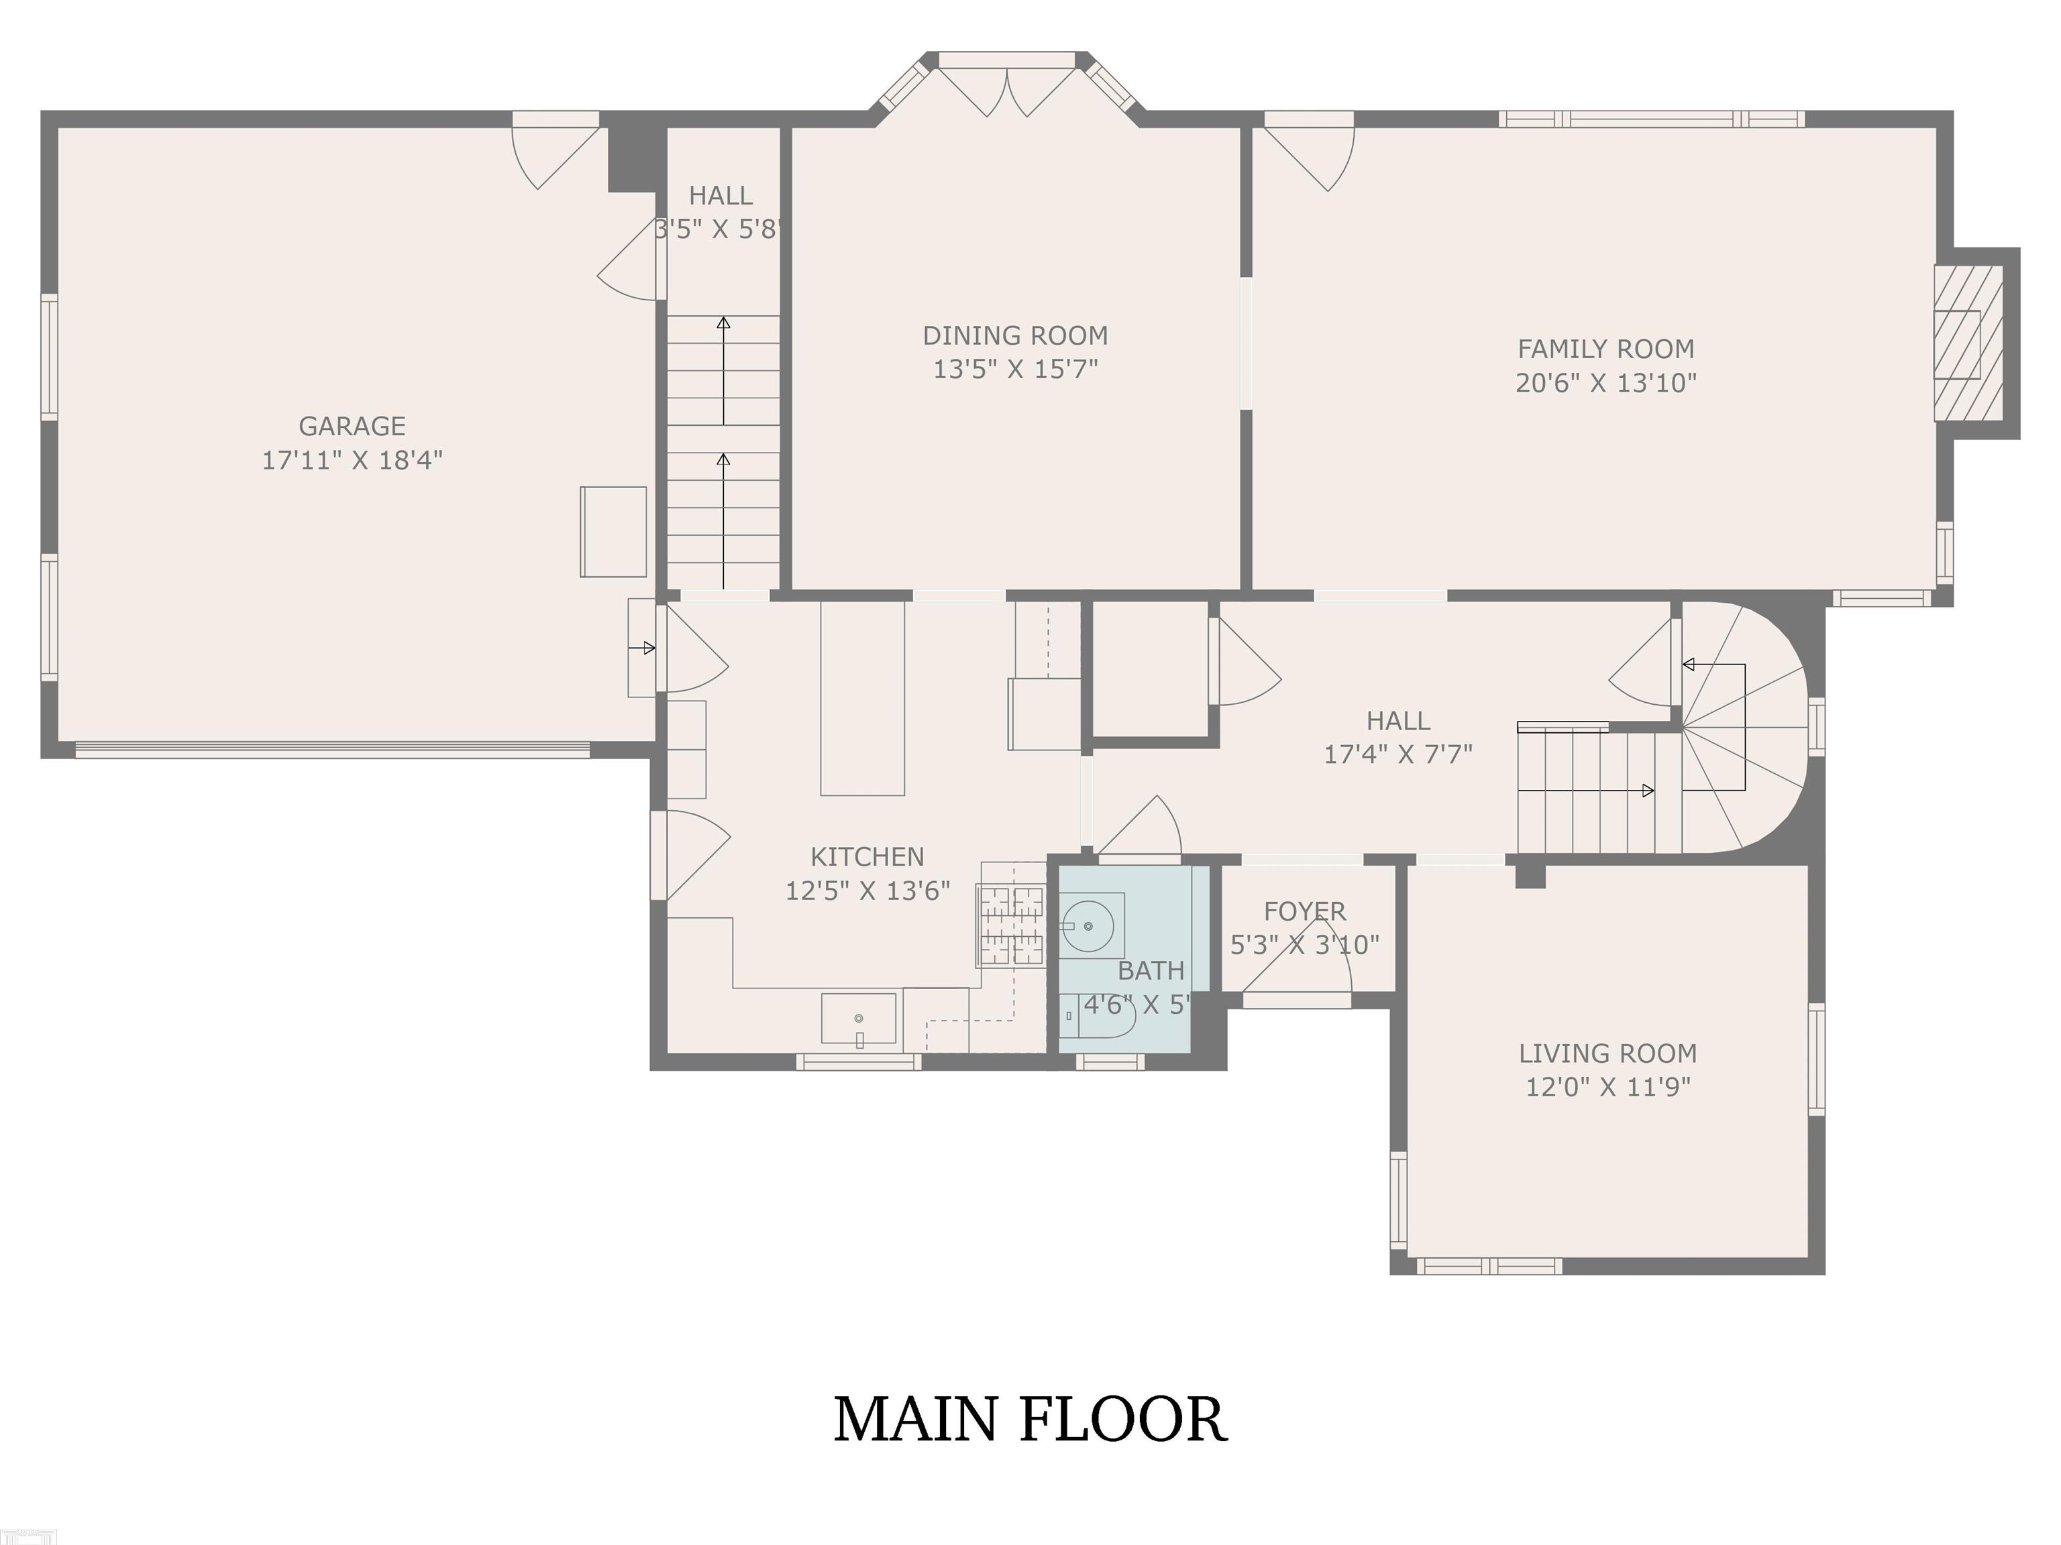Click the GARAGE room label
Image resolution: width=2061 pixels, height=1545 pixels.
(x=352, y=426)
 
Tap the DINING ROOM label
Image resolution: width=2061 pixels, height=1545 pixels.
(x=1016, y=335)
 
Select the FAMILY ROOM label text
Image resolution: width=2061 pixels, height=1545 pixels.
(x=1605, y=349)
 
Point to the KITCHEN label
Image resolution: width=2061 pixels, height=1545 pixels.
(x=867, y=857)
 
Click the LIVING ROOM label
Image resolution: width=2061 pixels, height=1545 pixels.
(x=1607, y=1053)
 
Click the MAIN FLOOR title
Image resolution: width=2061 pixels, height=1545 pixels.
(x=1030, y=1420)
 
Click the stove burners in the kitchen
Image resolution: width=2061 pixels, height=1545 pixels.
(x=1011, y=925)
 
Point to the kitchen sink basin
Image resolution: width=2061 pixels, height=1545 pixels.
(x=858, y=1018)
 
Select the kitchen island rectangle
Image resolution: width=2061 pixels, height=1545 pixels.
(x=862, y=699)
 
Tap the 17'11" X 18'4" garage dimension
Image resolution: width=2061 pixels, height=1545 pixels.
(x=352, y=460)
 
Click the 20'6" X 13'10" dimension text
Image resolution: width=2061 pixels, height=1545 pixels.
(x=1605, y=383)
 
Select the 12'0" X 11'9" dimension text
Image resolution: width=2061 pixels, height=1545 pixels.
(x=1607, y=1087)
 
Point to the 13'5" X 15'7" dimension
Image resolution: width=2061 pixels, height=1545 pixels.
(x=1016, y=369)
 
